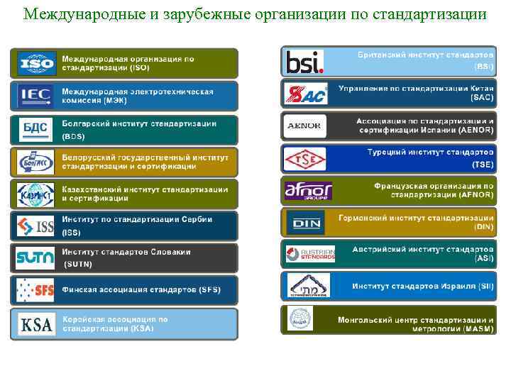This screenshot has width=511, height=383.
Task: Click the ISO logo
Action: tap(35, 62)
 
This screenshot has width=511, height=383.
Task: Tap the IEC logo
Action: tap(35, 95)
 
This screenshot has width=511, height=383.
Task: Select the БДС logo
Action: tap(35, 128)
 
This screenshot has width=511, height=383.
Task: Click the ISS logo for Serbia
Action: tap(35, 226)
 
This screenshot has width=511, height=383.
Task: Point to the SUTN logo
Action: tap(35, 257)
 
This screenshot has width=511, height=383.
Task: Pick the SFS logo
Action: tap(35, 290)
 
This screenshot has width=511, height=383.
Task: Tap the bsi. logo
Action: tap(304, 62)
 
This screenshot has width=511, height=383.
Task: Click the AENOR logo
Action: tap(305, 126)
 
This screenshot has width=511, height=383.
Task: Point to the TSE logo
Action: tap(305, 159)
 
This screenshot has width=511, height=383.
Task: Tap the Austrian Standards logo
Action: tap(309, 254)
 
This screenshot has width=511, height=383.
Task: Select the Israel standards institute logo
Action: tap(309, 286)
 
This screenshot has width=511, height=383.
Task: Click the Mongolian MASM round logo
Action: tap(300, 318)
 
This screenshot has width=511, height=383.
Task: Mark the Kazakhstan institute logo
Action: tap(35, 193)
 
